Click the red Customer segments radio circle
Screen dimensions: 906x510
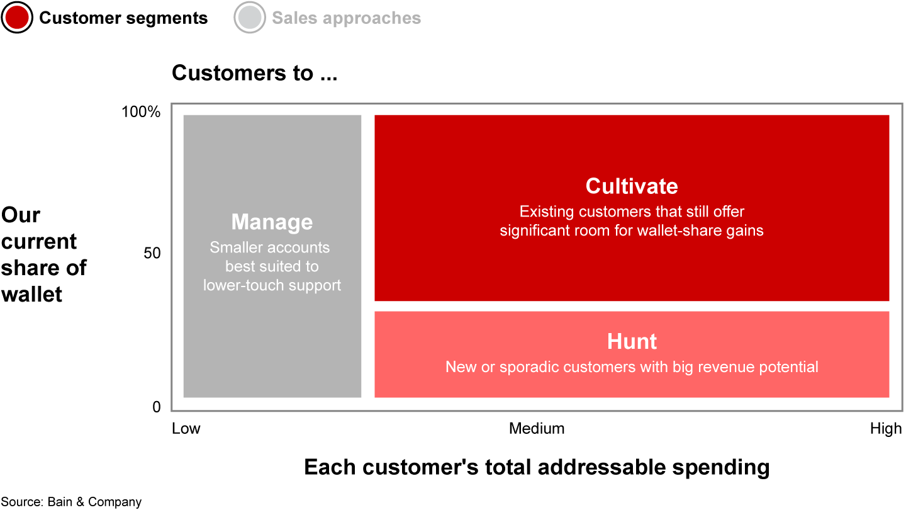[17, 18]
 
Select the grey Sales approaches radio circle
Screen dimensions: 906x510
[250, 18]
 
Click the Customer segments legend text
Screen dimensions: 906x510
[123, 18]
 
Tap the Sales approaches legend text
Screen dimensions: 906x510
[346, 18]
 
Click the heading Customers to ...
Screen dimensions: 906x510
[254, 73]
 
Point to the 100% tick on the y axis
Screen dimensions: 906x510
[141, 111]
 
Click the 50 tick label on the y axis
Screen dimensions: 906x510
[152, 253]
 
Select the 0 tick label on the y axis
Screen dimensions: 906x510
[157, 407]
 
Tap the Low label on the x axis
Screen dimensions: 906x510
[186, 428]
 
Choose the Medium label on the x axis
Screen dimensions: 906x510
[537, 428]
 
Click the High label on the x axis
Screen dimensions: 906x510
[886, 428]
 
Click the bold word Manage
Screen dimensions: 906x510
[272, 222]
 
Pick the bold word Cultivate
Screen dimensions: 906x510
[632, 186]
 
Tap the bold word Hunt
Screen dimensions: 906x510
[632, 341]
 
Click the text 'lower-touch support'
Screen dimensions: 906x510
[272, 285]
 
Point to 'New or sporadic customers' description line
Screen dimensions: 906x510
[632, 367]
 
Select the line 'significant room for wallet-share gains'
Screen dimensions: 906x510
[632, 230]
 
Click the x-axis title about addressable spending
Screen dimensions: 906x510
[537, 467]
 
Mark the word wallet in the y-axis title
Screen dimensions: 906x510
[31, 294]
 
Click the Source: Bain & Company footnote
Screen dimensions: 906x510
[71, 502]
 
